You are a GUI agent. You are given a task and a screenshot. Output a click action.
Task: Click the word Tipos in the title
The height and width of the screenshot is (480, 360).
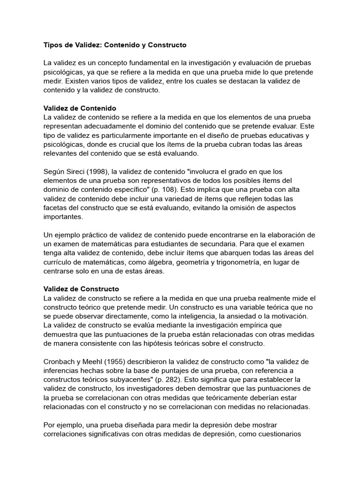53,45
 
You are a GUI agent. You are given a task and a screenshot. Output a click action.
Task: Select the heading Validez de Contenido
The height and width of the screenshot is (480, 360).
80,108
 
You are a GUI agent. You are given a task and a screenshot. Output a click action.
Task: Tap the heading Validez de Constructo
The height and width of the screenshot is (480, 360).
81,289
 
